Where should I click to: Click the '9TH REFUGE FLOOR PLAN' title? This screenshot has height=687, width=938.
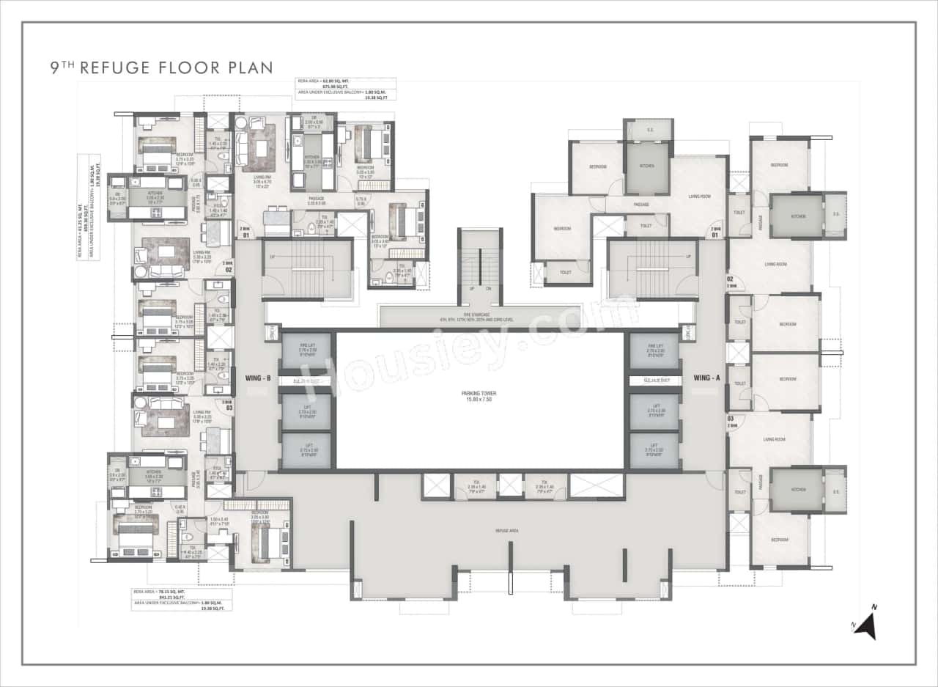pyautogui.click(x=161, y=68)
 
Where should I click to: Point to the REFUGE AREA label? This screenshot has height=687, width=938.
pyautogui.click(x=507, y=530)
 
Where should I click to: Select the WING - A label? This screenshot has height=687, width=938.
pyautogui.click(x=706, y=378)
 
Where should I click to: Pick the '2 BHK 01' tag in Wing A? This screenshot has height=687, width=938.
pyautogui.click(x=715, y=232)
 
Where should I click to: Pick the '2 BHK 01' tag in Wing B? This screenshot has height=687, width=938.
pyautogui.click(x=245, y=232)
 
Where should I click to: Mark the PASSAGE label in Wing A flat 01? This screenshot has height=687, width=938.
pyautogui.click(x=641, y=205)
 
